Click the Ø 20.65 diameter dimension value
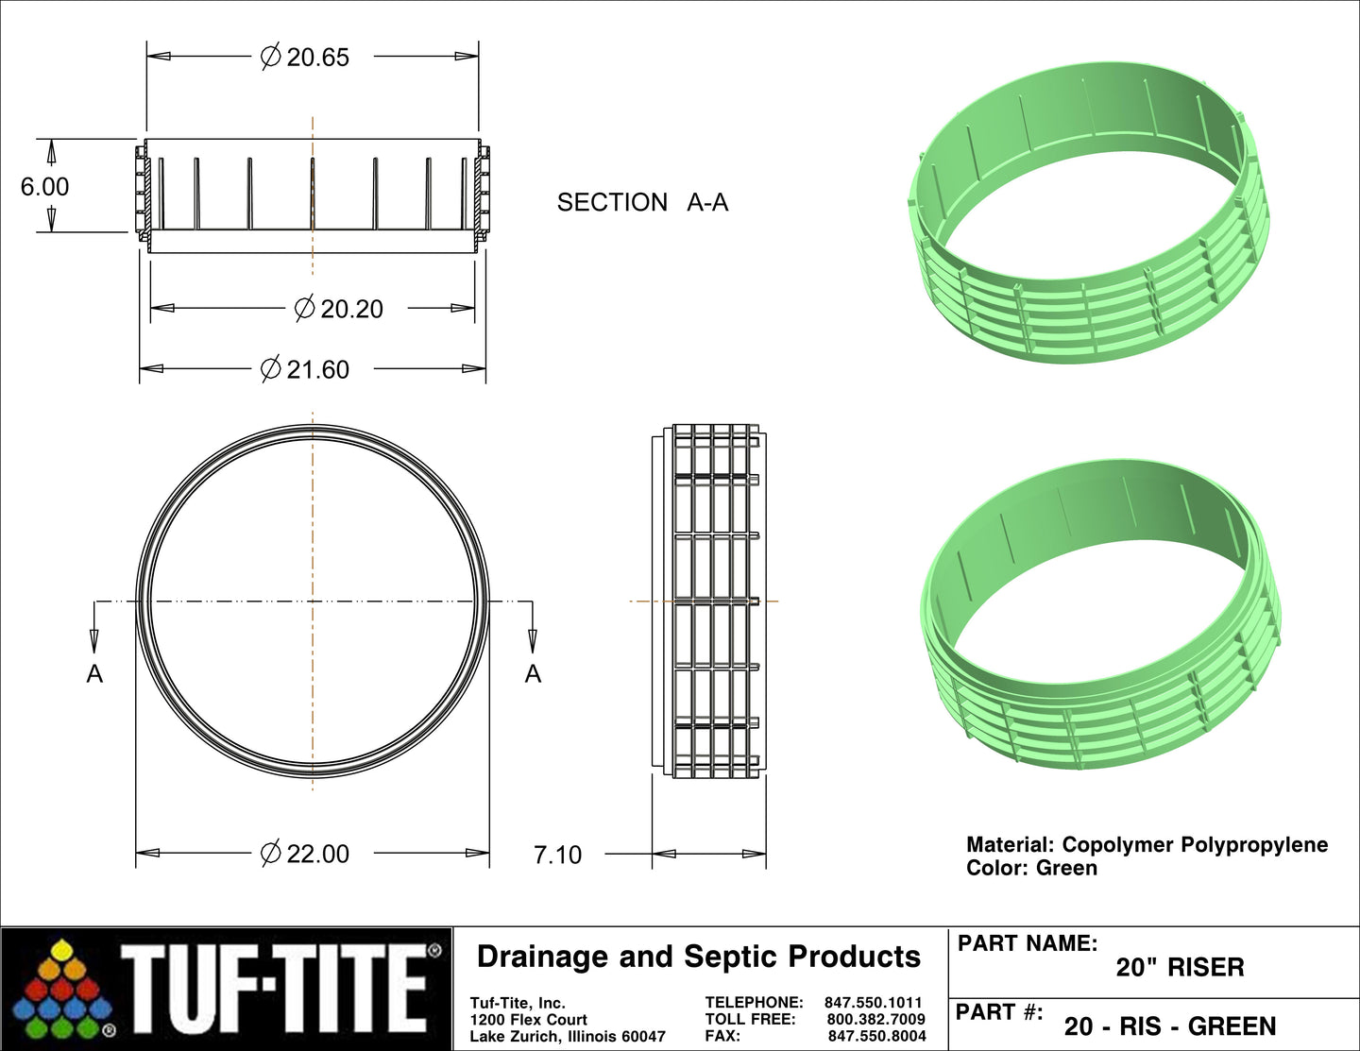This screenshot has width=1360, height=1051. point(305,57)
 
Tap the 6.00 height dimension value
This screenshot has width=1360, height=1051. point(44,186)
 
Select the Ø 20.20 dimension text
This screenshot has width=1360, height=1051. point(339,309)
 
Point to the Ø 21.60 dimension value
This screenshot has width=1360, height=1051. point(305,369)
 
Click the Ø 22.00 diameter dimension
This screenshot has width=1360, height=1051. point(305,854)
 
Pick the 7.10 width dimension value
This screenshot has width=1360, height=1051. point(557,855)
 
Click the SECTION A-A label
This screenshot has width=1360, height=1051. point(643,202)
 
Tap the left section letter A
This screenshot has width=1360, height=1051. point(94,674)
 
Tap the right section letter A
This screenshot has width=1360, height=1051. point(533,674)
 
